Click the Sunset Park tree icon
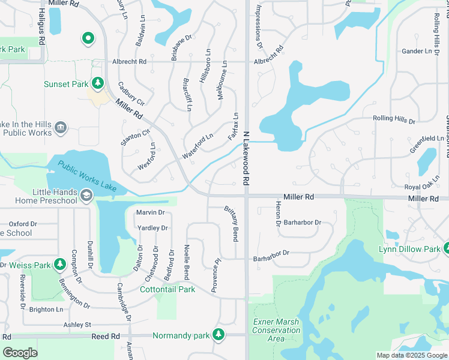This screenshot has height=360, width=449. (97, 83)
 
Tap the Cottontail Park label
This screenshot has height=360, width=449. (167, 289)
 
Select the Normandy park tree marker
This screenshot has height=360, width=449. (219, 334)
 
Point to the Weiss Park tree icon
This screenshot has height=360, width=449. (59, 264)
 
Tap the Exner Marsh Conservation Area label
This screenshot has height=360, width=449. (276, 330)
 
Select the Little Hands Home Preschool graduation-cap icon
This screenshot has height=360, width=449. (86, 196)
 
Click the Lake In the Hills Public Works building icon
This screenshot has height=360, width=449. (60, 127)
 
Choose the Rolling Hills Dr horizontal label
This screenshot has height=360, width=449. (394, 119)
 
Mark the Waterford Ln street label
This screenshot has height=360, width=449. (198, 146)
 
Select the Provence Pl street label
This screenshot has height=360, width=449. (217, 276)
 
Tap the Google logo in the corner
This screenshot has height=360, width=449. (20, 353)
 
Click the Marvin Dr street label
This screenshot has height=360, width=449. (150, 212)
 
